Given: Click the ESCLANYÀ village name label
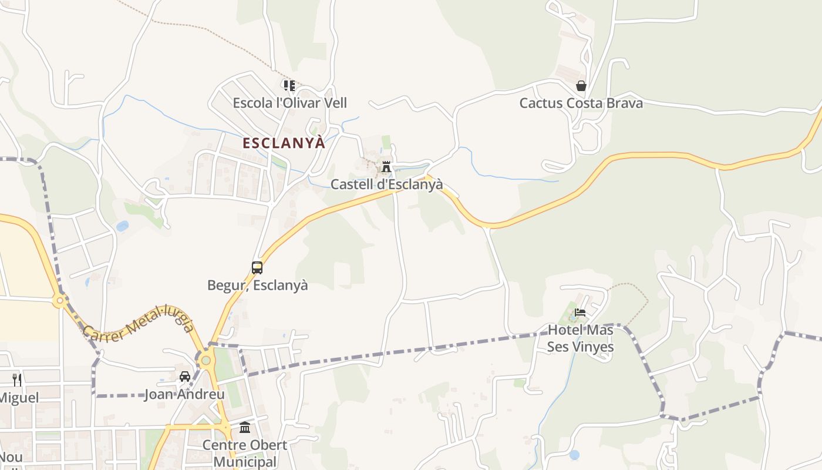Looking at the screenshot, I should (284, 143).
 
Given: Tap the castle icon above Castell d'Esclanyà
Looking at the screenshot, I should (386, 167).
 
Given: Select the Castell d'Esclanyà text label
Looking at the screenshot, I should (386, 184).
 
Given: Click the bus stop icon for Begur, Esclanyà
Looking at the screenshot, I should (257, 268).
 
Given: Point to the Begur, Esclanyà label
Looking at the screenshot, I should (257, 286).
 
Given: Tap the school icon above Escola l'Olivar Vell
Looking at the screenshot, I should (289, 86).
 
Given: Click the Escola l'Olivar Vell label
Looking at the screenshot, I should (289, 103).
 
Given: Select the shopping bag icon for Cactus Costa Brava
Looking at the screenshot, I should (581, 86).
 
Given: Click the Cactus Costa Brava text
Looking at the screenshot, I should (581, 103).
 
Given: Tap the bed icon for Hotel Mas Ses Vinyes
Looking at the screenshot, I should (580, 313).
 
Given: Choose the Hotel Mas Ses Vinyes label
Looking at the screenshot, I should (580, 338).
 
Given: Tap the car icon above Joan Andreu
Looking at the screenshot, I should (184, 377).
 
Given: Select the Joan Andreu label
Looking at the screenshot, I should (184, 394).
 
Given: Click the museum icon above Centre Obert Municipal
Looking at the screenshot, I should (245, 427).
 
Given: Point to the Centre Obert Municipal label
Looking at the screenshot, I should (245, 453).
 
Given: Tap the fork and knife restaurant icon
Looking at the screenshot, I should (17, 380).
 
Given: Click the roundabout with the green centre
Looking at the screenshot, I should (206, 360).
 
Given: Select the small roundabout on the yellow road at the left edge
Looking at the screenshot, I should (59, 301).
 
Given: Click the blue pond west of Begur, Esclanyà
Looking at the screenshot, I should (122, 226).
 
